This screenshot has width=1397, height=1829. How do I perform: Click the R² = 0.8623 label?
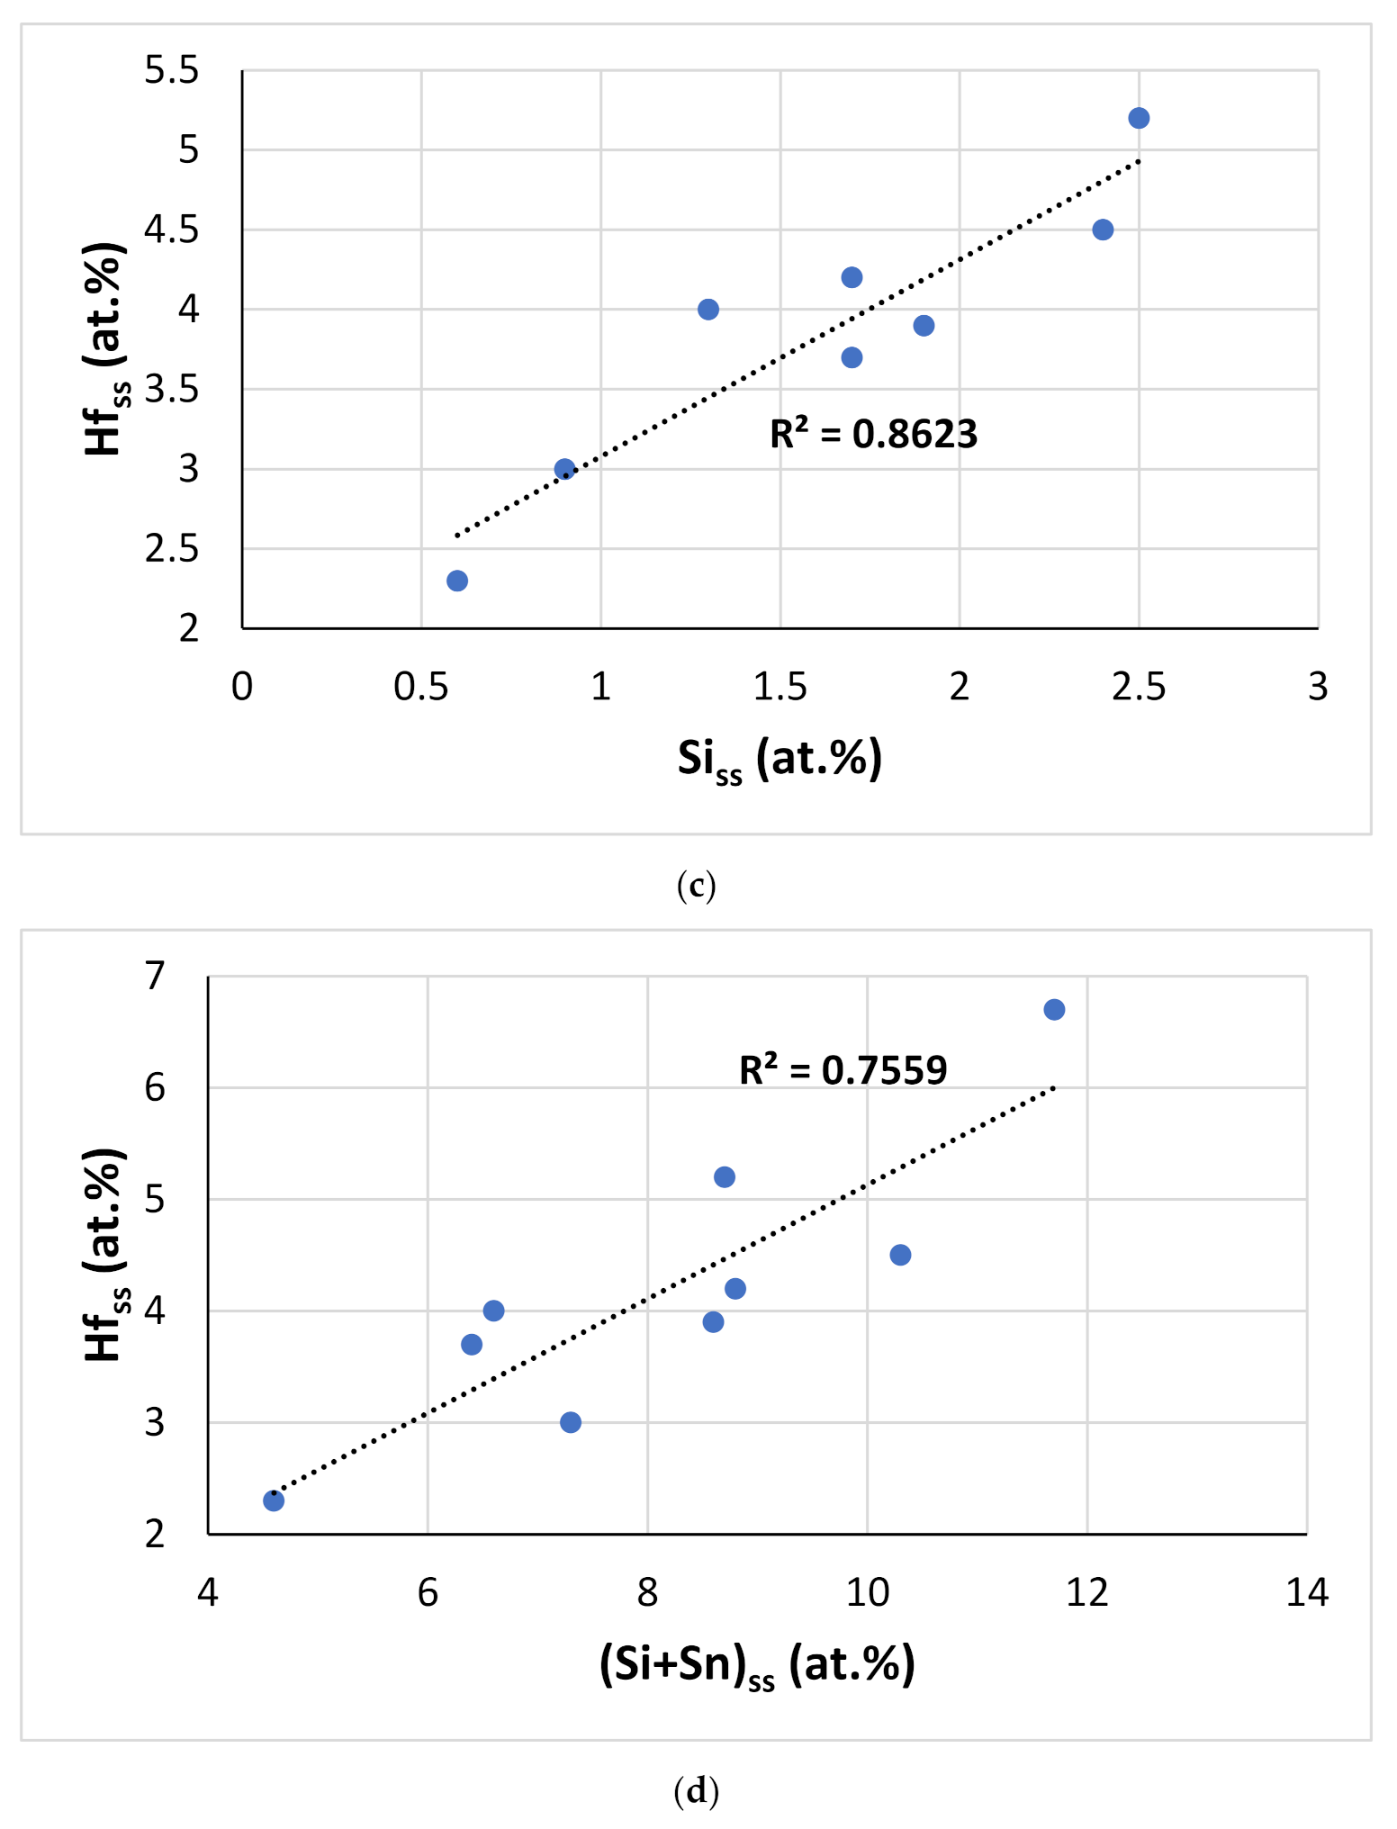(872, 434)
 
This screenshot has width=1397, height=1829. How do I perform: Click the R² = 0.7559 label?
(843, 1070)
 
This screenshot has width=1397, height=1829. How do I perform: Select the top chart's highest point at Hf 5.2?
(1139, 118)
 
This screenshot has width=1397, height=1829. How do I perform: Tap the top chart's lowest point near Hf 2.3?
(457, 581)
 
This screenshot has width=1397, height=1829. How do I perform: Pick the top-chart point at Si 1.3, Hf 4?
(708, 310)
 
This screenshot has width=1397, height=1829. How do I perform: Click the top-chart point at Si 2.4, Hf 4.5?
(1103, 230)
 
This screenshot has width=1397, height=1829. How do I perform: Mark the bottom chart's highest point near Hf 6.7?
(1054, 1009)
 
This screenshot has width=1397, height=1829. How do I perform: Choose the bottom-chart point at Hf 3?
(571, 1422)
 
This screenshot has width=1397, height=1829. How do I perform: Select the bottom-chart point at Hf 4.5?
(900, 1255)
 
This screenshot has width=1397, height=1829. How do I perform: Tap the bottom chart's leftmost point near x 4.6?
(274, 1500)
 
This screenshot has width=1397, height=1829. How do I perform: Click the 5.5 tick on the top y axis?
(171, 70)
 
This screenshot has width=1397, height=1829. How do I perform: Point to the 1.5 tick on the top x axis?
(780, 687)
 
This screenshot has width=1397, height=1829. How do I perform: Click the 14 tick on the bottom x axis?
(1306, 1592)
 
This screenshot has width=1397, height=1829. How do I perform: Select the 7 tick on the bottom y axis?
(155, 976)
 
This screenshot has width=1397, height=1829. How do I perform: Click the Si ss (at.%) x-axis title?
(780, 759)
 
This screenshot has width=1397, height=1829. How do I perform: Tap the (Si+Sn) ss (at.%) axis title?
(756, 1664)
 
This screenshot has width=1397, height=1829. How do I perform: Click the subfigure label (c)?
(696, 886)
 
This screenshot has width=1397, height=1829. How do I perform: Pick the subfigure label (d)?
(696, 1790)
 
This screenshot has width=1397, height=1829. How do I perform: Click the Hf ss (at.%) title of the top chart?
(104, 349)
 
